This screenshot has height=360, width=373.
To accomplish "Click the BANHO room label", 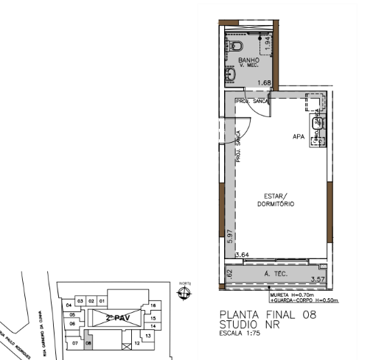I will [x=247, y=59].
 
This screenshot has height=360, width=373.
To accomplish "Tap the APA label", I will [x=299, y=137].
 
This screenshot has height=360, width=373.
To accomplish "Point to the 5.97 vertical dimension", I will [x=229, y=237].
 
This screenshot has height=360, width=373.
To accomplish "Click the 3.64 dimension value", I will [x=241, y=255].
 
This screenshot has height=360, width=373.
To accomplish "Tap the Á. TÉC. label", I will [x=274, y=274].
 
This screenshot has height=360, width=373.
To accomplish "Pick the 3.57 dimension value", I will [x=318, y=279].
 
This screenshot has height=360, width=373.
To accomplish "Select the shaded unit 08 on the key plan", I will [x=88, y=342].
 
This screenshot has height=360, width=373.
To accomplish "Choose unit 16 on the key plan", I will [x=153, y=304].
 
